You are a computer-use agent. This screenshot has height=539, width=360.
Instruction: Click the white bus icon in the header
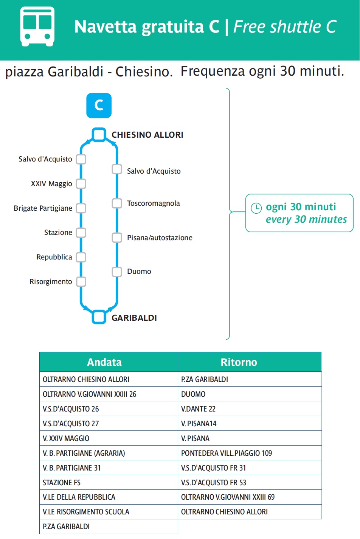pos(37,26)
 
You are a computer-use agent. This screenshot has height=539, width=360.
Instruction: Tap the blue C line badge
pos(99,106)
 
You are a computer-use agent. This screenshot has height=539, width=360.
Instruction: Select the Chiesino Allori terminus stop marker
pos(99,135)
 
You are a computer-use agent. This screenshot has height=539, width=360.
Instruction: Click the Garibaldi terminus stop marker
pos(99,317)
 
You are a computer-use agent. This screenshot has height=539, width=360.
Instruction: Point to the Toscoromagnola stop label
pos(153,203)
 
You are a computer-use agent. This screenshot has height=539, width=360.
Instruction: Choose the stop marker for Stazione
pos(81,233)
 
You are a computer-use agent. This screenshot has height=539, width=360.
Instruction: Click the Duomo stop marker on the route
pos(117,272)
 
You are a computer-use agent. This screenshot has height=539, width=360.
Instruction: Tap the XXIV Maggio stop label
pos(51,183)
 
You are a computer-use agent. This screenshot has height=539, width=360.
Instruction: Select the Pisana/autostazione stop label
pos(160,238)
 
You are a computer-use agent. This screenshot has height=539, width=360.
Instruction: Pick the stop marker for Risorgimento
pos(81,282)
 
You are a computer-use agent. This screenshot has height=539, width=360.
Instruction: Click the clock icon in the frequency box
pos(256,208)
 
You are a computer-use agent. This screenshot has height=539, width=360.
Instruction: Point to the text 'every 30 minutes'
pos(306,219)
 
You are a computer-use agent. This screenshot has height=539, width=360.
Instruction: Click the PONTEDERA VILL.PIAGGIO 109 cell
pos(250,453)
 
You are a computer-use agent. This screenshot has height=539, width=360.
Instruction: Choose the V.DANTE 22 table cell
pos(250,409)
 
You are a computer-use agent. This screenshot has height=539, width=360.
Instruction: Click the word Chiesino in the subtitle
pos(143,72)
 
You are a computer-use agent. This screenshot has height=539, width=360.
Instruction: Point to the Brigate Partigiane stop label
pos(43,208)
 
